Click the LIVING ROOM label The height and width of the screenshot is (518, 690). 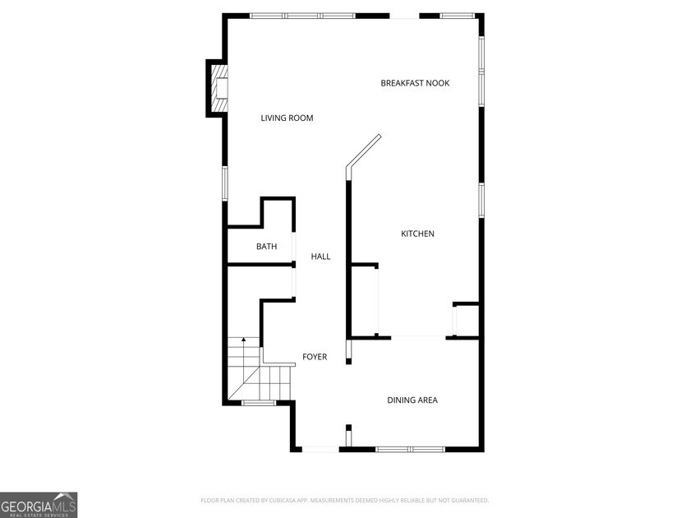pos(287,118)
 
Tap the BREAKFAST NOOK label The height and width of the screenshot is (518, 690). pos(415,83)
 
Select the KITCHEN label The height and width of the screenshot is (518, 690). pos(417,234)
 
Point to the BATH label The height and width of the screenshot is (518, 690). pos(267,247)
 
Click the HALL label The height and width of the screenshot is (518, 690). pos(320,257)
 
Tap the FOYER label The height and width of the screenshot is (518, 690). pos(315,357)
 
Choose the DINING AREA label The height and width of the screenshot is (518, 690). pos(412,400)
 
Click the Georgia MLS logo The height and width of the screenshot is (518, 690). pos(39,505)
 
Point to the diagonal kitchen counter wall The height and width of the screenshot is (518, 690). pos(363,151)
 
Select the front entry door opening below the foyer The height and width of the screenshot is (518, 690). pos(320,449)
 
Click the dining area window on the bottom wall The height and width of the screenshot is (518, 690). pos(410,449)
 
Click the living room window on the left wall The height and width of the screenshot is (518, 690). pos(225,183)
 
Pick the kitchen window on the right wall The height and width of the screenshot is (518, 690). pos(481,201)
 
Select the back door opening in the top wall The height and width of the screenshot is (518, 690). pos(404,16)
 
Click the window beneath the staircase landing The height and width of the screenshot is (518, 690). pos(258,403)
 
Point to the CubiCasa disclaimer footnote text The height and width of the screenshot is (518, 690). pos(344,501)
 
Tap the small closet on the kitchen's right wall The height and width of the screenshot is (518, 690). pos(466,320)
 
